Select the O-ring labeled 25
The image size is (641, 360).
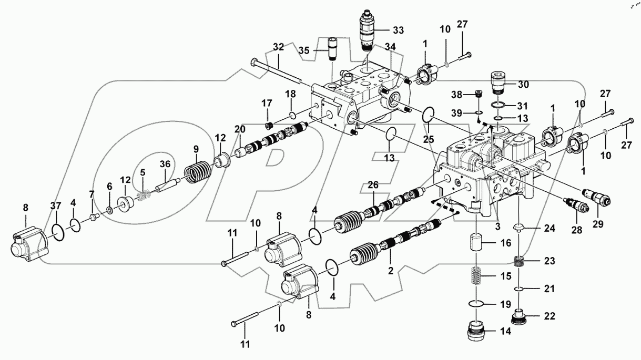coord(429,113)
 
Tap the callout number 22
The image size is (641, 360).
coord(550,316)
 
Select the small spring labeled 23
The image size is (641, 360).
coord(520,261)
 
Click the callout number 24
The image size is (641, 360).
coord(550,228)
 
